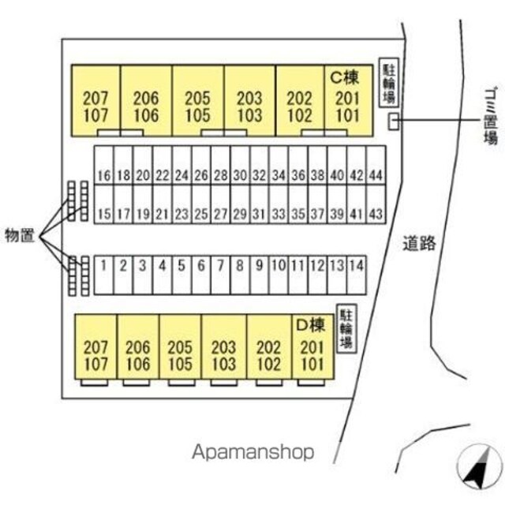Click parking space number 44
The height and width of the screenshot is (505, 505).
(x=376, y=165)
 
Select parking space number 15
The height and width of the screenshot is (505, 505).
(x=103, y=204)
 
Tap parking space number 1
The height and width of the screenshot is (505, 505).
(x=103, y=275)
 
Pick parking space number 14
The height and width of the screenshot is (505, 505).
(x=357, y=275)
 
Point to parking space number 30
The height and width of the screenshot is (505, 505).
(x=240, y=165)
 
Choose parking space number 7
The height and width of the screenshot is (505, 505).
(x=221, y=275)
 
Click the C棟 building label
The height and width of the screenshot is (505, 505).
(x=345, y=77)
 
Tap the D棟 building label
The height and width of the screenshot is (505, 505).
(x=310, y=325)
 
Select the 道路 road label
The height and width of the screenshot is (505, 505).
(x=419, y=243)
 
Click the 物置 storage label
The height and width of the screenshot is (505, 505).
(x=19, y=236)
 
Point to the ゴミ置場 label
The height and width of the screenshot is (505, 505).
(x=491, y=115)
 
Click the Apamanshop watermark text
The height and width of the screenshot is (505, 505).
(x=253, y=452)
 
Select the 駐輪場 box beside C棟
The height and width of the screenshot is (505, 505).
(x=389, y=82)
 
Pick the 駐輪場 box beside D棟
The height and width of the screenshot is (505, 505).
(x=346, y=328)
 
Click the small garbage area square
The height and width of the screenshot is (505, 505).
(x=393, y=122)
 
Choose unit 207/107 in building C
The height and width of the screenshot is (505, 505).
(x=96, y=101)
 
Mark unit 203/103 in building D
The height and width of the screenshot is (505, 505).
(x=224, y=347)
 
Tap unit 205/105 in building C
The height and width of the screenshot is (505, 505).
(x=198, y=101)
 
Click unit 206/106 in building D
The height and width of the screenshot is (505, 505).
(x=138, y=347)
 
